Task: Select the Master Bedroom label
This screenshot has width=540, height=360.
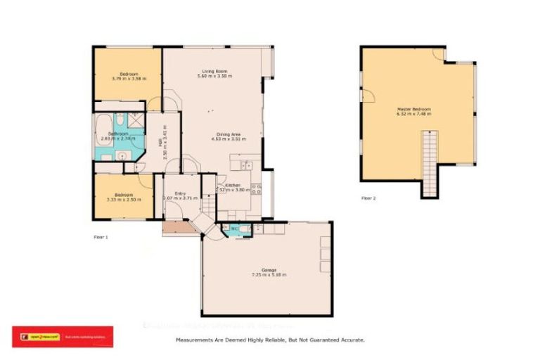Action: click(x=413, y=110)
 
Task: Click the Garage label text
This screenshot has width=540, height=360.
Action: click(x=269, y=270)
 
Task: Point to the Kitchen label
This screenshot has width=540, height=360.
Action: click(x=233, y=185)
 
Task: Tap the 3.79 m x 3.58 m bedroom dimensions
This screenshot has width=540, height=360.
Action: click(x=127, y=79)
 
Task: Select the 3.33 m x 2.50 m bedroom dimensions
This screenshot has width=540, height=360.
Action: click(x=123, y=200)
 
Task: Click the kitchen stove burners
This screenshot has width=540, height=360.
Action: click(x=257, y=188)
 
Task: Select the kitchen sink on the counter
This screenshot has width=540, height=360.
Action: click(x=245, y=166)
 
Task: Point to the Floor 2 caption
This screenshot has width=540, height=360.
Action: click(x=368, y=198)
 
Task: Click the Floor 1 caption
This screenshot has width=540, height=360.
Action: click(x=101, y=237)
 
